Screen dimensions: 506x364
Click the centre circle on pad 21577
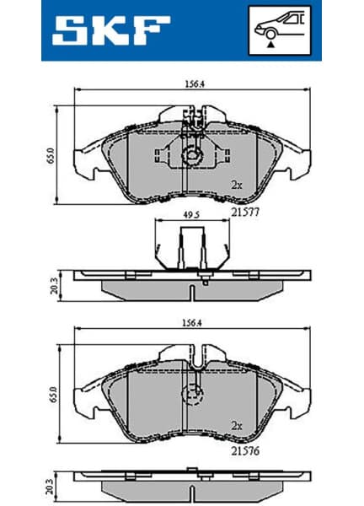click(x=192, y=155)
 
